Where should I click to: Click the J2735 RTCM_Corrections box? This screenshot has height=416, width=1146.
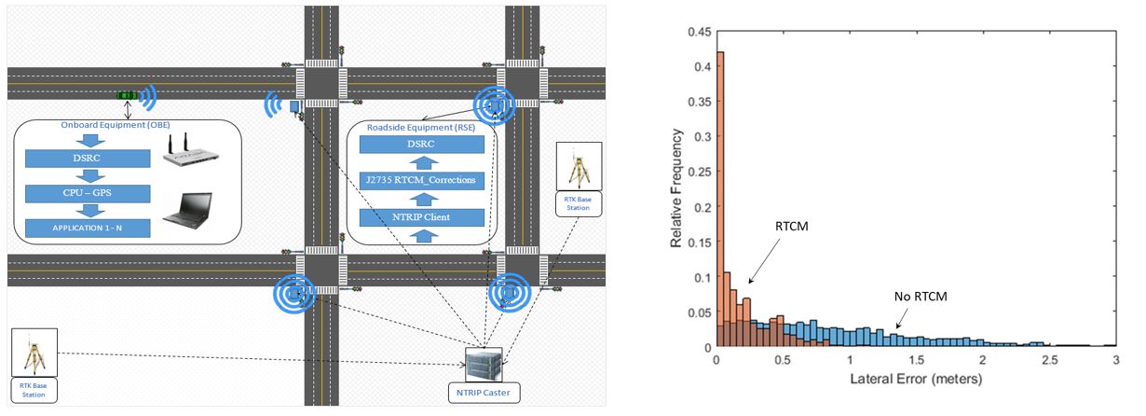(421, 178)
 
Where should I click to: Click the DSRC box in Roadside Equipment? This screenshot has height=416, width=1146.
(421, 145)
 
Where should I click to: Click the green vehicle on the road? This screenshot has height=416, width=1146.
(128, 95)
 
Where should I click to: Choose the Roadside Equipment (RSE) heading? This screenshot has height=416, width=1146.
(411, 125)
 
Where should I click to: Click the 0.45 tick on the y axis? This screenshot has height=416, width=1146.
(696, 32)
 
